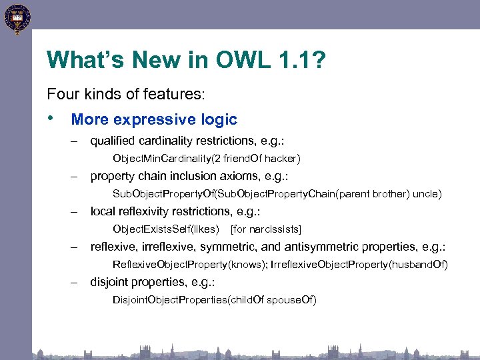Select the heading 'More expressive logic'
[x=154, y=120]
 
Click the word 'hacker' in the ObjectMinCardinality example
[x=283, y=159]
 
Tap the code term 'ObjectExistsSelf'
[x=151, y=229]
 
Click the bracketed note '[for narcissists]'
[x=265, y=229]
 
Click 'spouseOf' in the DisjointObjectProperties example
[x=291, y=300]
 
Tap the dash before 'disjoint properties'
[x=77, y=282]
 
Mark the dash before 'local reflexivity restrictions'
[x=77, y=211]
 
